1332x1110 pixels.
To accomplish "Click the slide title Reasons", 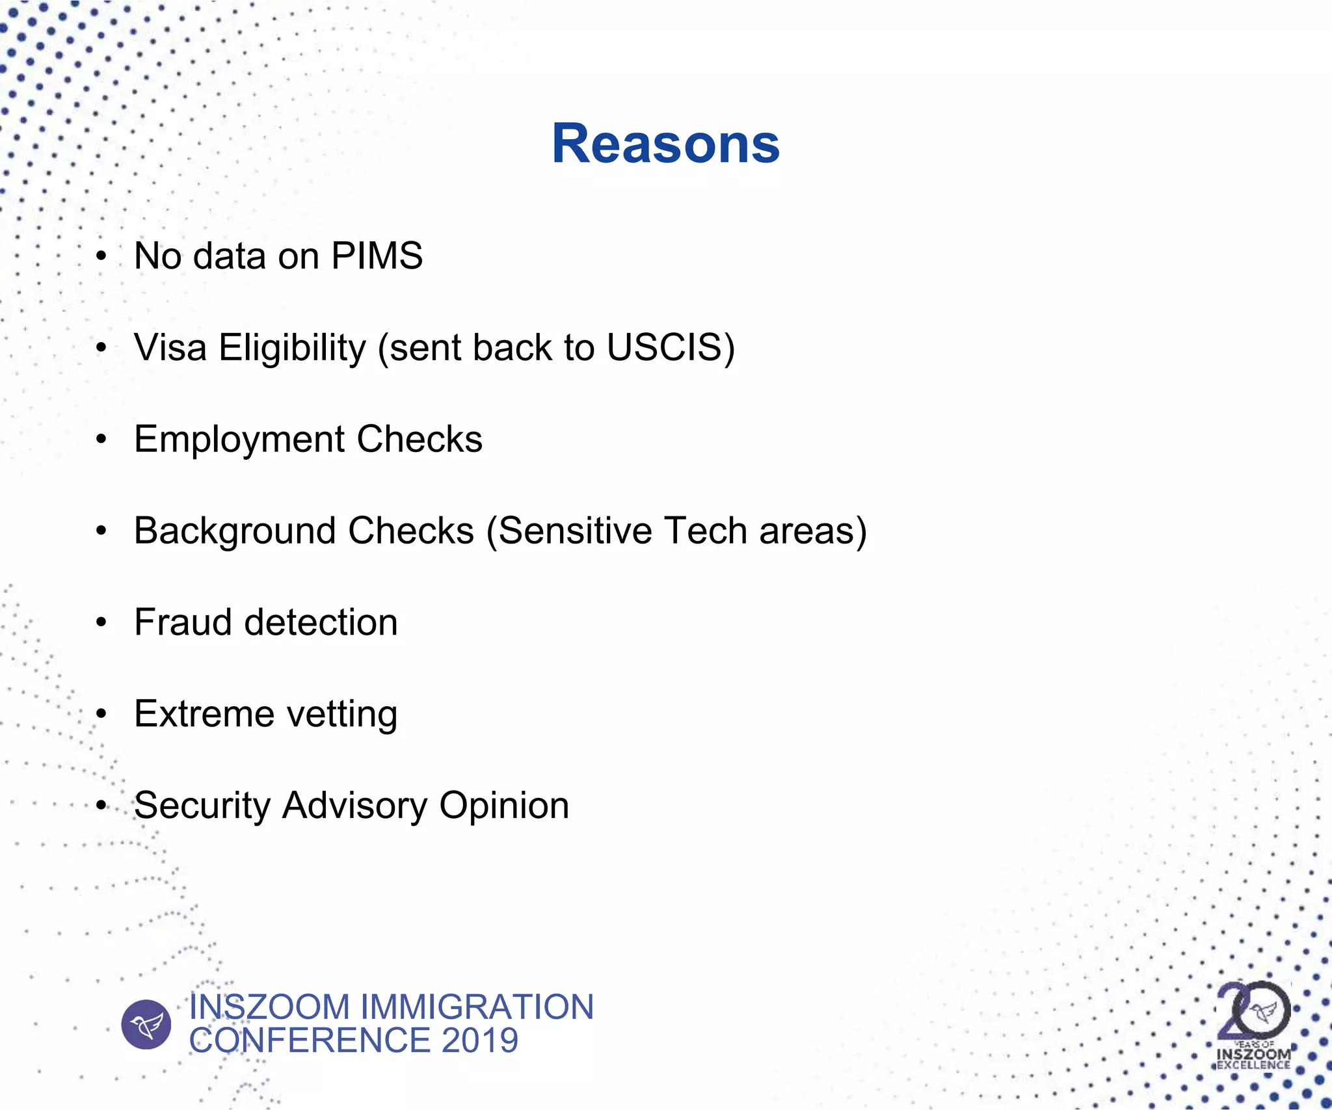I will coord(665,144).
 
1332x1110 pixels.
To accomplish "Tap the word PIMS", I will coord(377,256).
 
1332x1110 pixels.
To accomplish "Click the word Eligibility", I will coord(293,349).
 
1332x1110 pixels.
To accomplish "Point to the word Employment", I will coord(239,440).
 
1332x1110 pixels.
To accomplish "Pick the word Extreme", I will coord(204,714).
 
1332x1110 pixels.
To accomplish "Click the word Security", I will coord(202,806).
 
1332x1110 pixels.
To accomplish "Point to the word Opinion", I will coord(504,806).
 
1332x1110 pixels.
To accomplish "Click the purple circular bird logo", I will coord(146,1024).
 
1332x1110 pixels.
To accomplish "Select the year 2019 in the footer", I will coord(480,1040).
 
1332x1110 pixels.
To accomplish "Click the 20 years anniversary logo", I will coord(1253,1024).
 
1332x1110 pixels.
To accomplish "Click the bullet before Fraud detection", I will coord(101,623).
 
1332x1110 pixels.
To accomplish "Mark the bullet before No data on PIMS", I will coord(101,256).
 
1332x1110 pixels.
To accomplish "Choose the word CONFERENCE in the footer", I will coord(310,1040).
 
